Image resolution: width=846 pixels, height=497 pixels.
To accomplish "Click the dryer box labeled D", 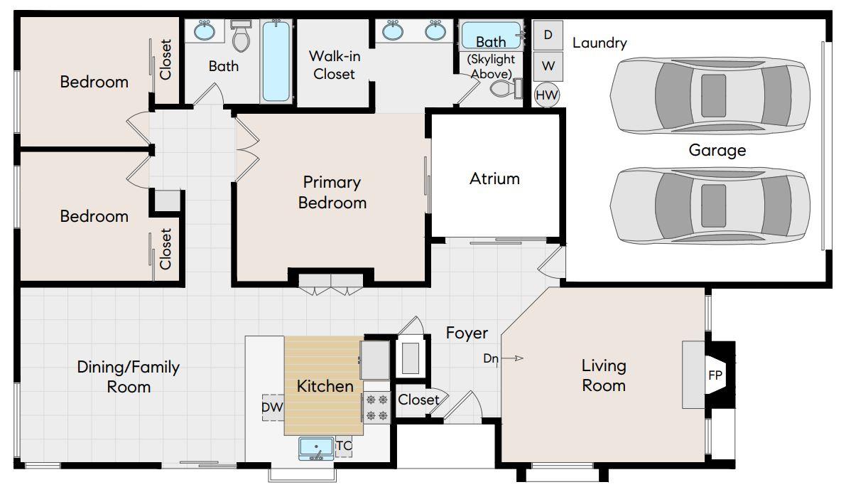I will tap(548, 35).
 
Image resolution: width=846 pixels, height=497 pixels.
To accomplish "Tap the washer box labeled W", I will tap(548, 65).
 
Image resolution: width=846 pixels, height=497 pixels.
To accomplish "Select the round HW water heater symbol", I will tap(548, 94).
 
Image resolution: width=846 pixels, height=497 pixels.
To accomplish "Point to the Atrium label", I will tap(494, 178).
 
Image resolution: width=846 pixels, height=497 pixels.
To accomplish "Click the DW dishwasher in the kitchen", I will tap(273, 407).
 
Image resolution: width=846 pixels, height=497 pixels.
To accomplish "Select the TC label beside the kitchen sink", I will tap(344, 447).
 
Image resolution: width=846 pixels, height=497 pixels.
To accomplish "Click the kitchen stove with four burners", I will tap(376, 407).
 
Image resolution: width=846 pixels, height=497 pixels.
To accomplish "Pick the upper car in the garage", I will tap(710, 95).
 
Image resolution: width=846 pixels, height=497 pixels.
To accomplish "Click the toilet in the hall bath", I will tap(242, 38).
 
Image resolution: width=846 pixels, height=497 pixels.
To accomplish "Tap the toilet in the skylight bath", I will tap(505, 89).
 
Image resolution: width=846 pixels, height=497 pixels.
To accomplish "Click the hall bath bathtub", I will tap(276, 61).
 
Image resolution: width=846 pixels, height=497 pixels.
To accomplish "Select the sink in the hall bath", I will tap(205, 32).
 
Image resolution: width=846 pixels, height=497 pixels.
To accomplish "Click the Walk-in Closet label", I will tap(334, 65).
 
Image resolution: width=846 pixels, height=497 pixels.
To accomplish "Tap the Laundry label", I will tap(600, 43).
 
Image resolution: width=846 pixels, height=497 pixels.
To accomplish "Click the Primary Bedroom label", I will tap(332, 193).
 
